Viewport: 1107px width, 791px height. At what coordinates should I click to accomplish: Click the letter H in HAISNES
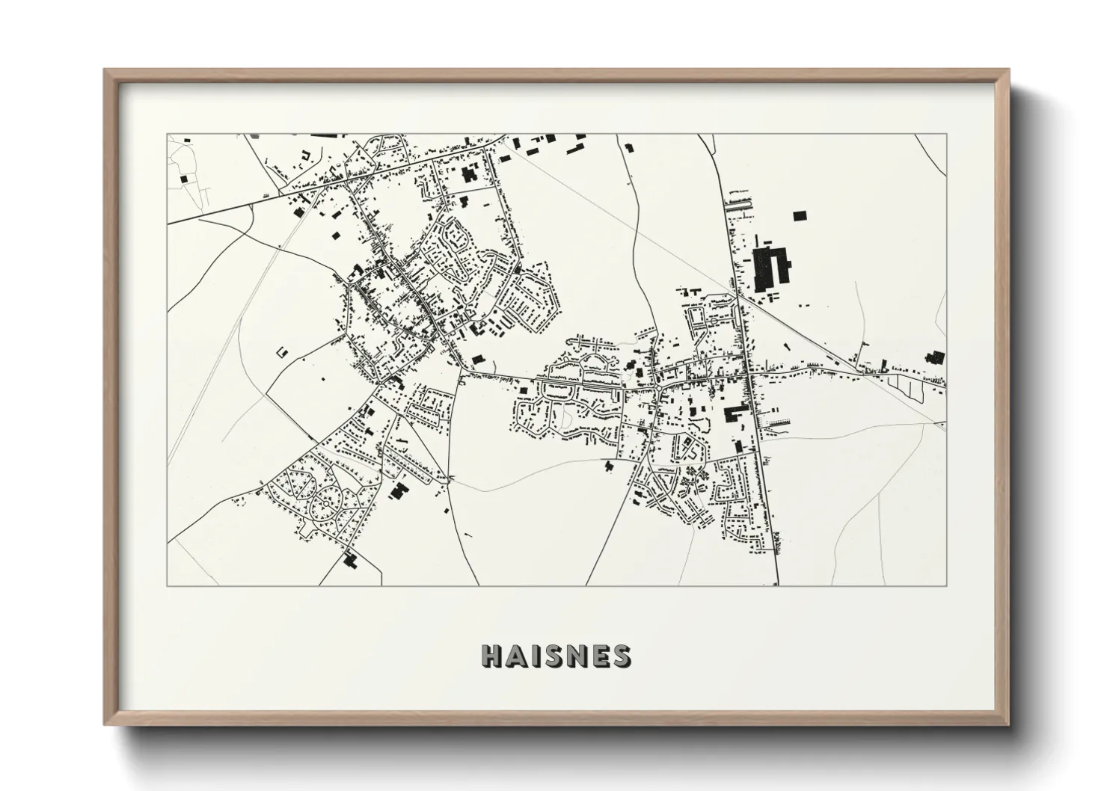(x=492, y=656)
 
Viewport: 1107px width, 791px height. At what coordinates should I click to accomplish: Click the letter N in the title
(x=574, y=656)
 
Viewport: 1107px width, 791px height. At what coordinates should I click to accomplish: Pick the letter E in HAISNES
(x=598, y=656)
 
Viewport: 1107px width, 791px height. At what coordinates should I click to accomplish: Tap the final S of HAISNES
(x=619, y=656)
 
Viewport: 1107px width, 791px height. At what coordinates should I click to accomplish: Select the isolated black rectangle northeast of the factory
(x=800, y=216)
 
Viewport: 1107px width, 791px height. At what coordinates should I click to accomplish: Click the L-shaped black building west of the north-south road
(x=734, y=413)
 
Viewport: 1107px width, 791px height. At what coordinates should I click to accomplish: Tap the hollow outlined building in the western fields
(x=282, y=351)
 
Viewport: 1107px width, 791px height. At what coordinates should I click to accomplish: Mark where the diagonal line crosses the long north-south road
(x=738, y=295)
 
